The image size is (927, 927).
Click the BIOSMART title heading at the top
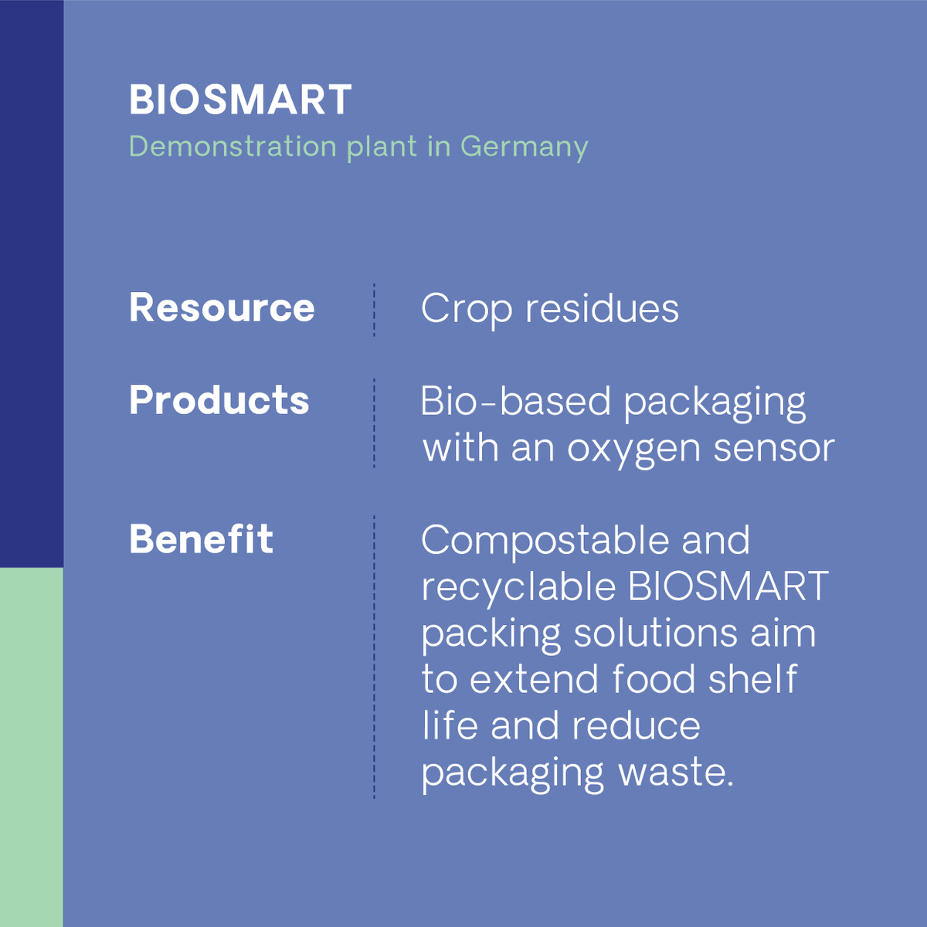coord(240,100)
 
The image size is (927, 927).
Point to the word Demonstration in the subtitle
coord(233,146)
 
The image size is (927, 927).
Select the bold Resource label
coord(222,307)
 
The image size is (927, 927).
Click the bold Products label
coord(219,400)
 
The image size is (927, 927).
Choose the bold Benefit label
coord(201,539)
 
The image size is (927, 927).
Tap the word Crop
coord(466,310)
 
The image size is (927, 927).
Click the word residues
coord(602,309)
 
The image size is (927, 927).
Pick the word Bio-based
coord(515,402)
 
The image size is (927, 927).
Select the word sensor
coord(773,449)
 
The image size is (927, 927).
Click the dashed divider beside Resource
coord(375,310)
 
